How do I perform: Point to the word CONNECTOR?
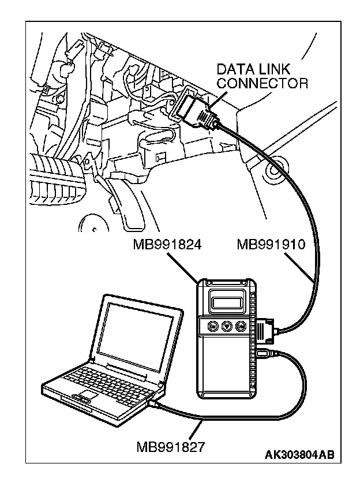click(x=262, y=84)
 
